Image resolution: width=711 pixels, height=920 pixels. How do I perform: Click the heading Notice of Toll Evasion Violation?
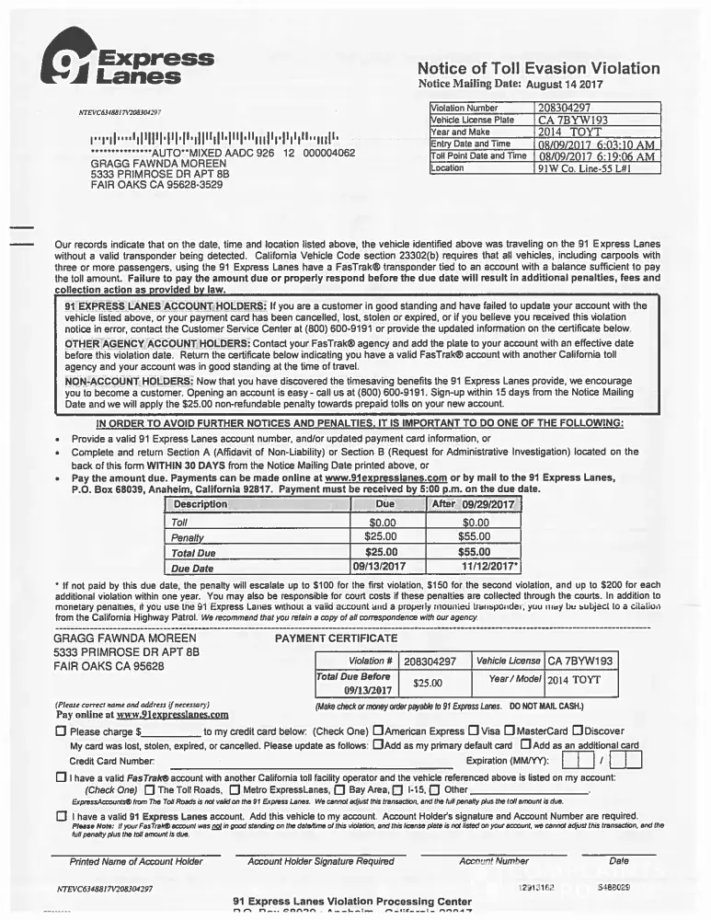coord(538,68)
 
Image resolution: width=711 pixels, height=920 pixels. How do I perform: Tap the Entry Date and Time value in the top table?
coord(596,144)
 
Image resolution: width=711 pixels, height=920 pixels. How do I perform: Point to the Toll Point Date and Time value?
coord(596,156)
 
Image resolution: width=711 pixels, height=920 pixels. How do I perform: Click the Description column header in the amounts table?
coord(201,505)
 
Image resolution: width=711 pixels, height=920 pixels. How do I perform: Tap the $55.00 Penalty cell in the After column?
coord(475,537)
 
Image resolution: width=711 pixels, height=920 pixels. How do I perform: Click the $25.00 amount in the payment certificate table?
coord(428,683)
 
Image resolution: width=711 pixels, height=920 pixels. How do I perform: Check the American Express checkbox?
coord(378,731)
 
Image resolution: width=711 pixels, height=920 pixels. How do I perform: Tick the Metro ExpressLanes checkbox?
coord(235,789)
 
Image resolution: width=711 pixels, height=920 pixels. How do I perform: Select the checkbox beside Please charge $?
coord(61,732)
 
